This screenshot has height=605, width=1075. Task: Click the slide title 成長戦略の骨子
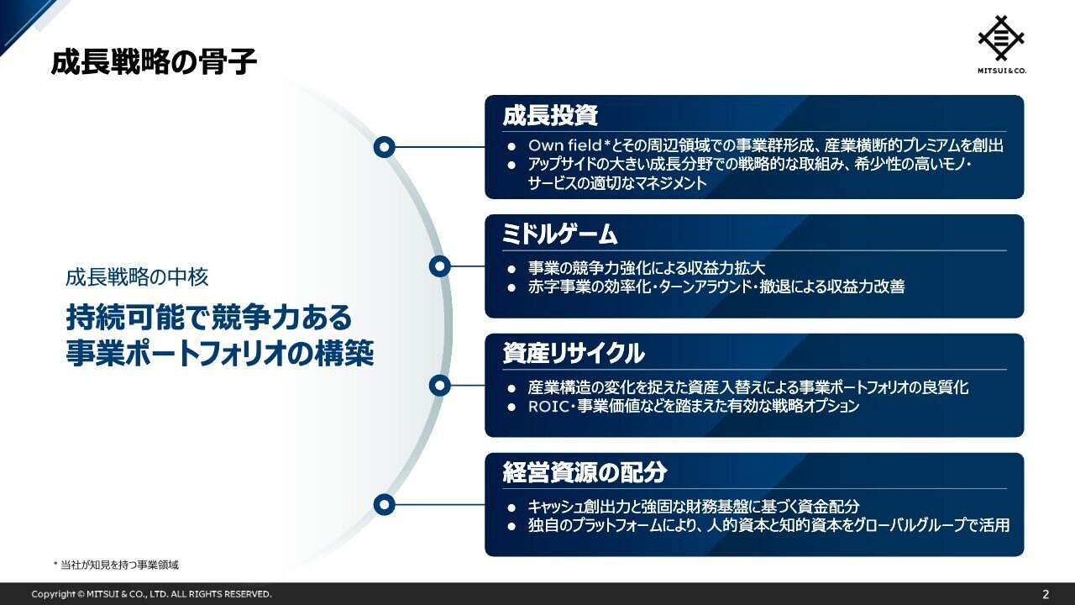[x=154, y=63]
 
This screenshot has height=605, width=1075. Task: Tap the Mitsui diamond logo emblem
[x=1002, y=38]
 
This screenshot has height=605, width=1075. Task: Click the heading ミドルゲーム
[x=559, y=235]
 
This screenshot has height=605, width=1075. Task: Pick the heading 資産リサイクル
[x=574, y=355]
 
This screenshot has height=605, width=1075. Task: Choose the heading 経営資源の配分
[x=585, y=473]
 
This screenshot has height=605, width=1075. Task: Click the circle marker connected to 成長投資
[x=384, y=147]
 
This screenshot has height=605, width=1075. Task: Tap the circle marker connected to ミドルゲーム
[x=440, y=266]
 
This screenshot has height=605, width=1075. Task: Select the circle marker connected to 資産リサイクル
[x=440, y=386]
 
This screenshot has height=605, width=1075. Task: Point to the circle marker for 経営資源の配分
[x=384, y=505]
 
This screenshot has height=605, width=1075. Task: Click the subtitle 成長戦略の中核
[x=136, y=276]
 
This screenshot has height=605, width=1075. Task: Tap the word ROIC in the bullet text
[x=548, y=407]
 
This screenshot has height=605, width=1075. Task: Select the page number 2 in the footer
[x=1046, y=594]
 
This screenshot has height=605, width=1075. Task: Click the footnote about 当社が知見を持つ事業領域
[x=116, y=565]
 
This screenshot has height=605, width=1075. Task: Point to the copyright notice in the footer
[x=151, y=594]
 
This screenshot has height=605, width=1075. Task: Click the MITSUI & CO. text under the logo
[x=1002, y=71]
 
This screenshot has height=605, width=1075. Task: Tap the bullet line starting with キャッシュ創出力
[x=694, y=507]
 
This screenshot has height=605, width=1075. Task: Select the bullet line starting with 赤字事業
[x=716, y=287]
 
